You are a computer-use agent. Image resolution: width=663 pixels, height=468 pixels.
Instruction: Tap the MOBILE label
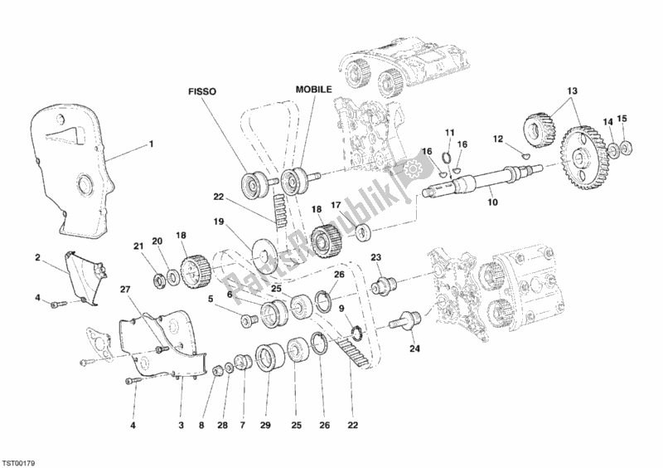(x=314, y=89)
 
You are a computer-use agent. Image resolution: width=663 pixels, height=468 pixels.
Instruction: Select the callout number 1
(x=151, y=144)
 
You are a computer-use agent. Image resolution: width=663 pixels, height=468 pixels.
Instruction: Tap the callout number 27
(x=127, y=290)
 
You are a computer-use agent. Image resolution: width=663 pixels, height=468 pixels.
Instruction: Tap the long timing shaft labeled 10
(x=481, y=182)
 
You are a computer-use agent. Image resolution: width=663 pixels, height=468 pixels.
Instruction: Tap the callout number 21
(x=139, y=246)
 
